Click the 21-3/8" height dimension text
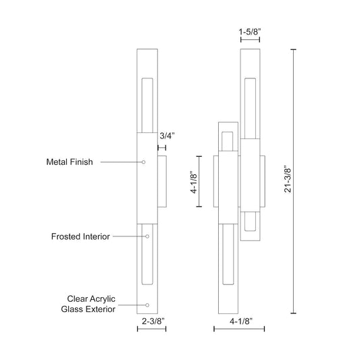[x=287, y=181]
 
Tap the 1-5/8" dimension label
[x=250, y=31]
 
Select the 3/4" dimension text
[x=166, y=136]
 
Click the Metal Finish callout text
[x=69, y=162]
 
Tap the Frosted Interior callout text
[x=80, y=236]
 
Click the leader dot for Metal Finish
[x=144, y=162]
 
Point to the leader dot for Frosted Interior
[x=147, y=236]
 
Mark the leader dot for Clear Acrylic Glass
[x=147, y=305]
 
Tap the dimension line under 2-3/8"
[x=151, y=329]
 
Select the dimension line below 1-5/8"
[x=250, y=40]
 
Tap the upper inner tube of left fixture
[x=147, y=105]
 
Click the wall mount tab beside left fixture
[x=162, y=181]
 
